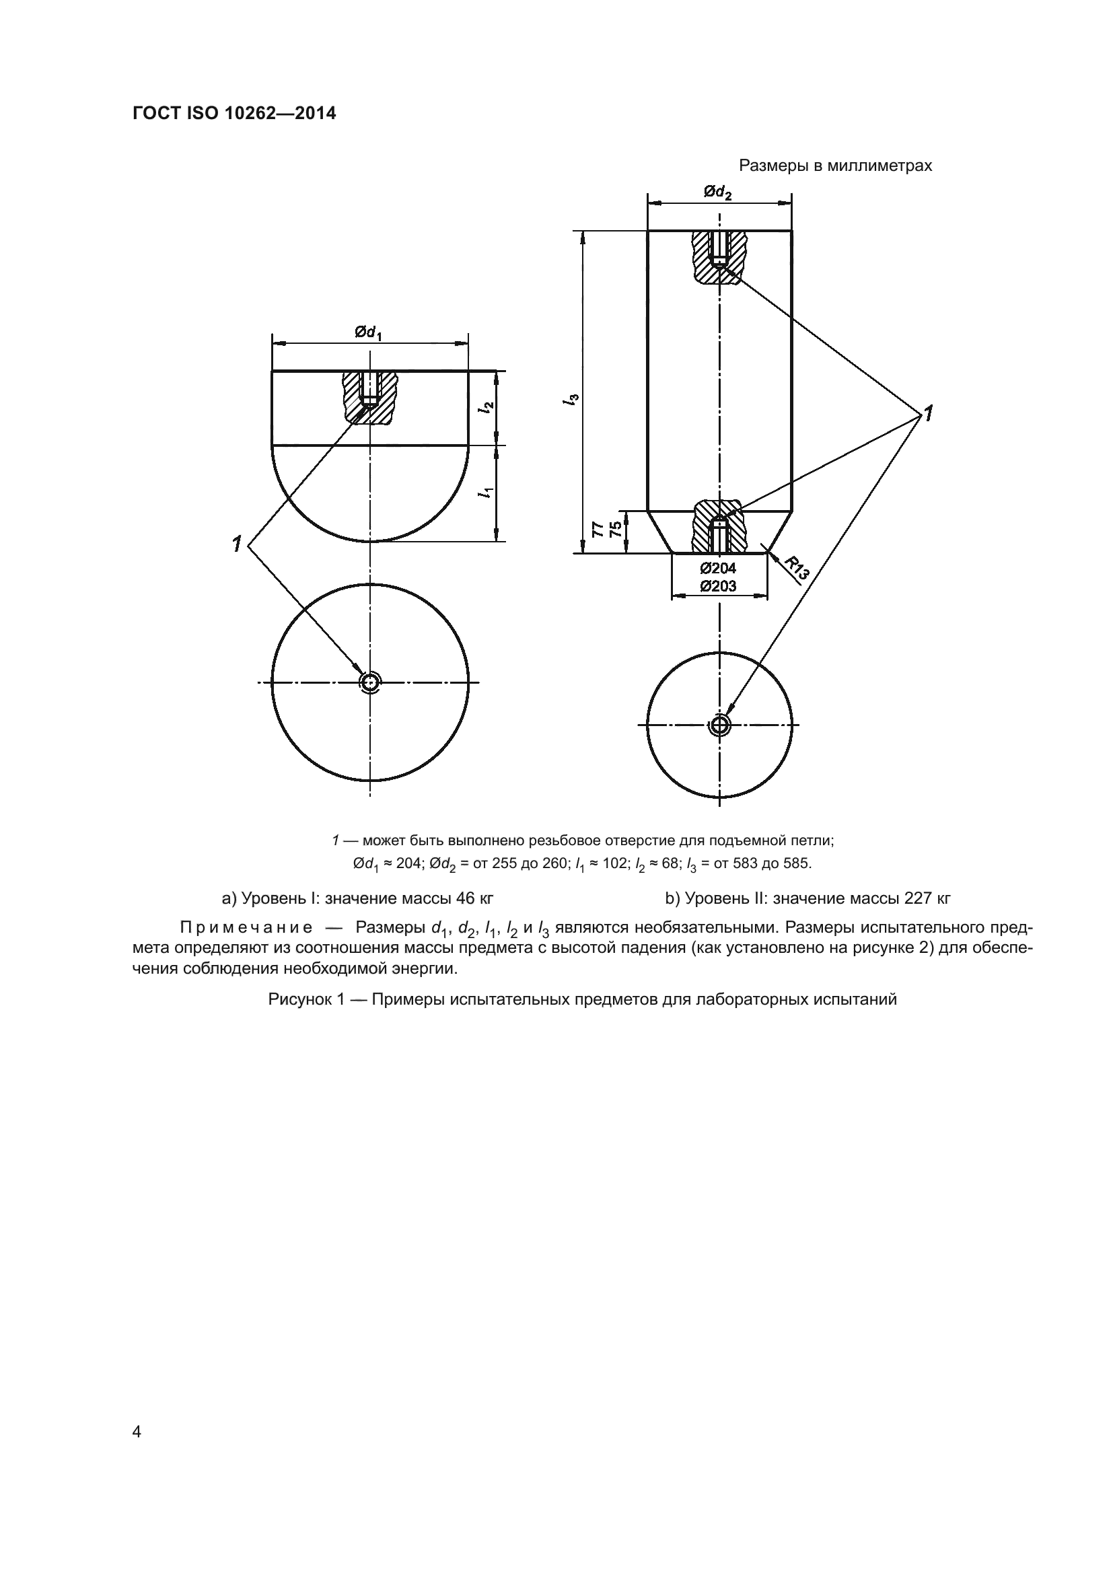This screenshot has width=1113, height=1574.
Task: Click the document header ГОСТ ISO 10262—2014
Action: [x=234, y=114]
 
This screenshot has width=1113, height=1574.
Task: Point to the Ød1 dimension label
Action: [x=368, y=332]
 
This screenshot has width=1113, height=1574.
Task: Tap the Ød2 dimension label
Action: [x=717, y=192]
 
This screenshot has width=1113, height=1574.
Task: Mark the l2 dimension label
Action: [x=487, y=406]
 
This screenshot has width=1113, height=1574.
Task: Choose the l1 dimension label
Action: [x=487, y=492]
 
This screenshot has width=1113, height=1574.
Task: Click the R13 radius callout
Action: [x=796, y=569]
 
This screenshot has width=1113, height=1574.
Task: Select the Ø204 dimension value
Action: [x=717, y=568]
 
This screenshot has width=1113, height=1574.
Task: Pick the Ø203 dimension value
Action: [x=717, y=586]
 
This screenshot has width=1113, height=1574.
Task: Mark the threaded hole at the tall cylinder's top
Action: [x=719, y=248]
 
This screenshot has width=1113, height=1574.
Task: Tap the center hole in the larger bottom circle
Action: [x=370, y=682]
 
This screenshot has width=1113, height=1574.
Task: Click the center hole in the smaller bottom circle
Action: [x=719, y=725]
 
